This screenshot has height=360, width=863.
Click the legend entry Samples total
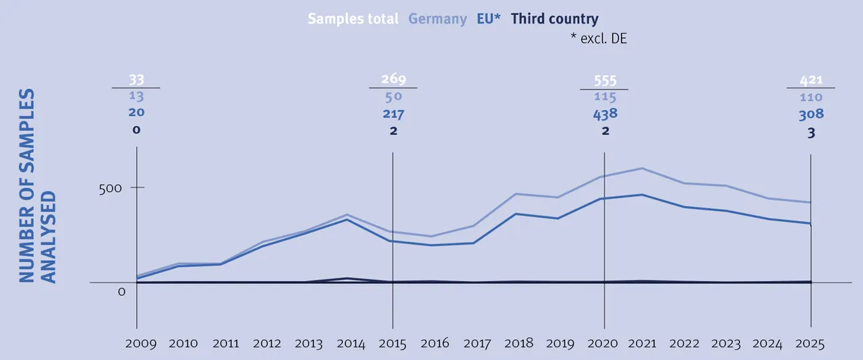coord(353,19)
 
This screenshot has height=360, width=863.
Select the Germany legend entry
coord(438,19)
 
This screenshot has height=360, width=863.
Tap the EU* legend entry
coord(488,19)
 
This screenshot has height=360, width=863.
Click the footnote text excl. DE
coord(599,39)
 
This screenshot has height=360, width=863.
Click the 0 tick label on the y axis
coord(122,292)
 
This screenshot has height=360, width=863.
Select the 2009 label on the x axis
coord(140,344)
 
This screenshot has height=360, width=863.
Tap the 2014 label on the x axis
coord(351,344)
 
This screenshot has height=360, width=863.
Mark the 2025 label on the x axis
coord(810,344)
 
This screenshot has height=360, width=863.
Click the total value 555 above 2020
coord(604,80)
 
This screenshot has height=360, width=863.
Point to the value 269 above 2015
coord(394,80)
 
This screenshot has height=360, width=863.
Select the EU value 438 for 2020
coord(605,114)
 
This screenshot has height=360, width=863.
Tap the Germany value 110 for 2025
coord(811,98)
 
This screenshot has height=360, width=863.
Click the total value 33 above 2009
coord(137,80)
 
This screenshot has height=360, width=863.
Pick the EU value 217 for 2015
coord(394,114)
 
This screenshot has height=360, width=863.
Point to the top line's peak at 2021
coord(642,168)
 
